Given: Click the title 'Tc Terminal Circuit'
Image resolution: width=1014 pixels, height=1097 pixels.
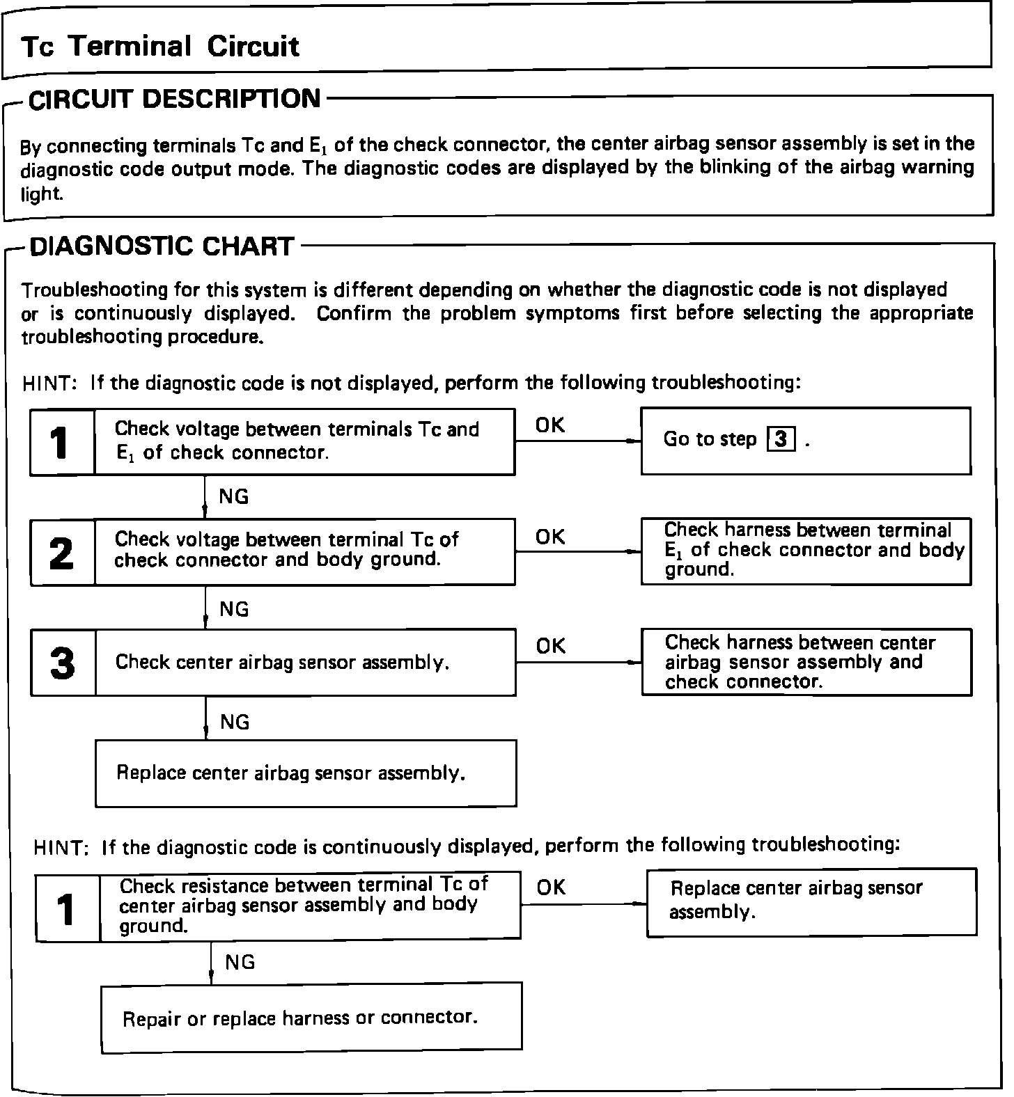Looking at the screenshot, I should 160,47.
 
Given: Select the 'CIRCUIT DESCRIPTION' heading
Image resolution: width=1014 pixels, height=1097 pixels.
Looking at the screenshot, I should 174,99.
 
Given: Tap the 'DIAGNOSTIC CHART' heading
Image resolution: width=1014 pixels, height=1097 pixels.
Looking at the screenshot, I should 162,246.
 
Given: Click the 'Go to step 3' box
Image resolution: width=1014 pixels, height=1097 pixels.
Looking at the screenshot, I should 805,441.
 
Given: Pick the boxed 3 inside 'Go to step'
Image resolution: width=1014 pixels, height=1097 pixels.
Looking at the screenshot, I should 781,439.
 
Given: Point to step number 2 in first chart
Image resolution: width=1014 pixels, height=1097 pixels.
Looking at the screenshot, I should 62,554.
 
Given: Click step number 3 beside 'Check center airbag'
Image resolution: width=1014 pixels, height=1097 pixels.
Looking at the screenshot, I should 63,663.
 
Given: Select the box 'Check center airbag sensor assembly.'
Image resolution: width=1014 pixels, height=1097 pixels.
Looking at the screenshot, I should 305,662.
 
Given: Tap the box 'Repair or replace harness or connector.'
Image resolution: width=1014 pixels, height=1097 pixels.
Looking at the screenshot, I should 311,1018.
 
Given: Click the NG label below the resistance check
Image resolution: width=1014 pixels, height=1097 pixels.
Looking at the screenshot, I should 240,963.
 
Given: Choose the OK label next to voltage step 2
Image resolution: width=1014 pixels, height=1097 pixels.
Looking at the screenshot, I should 550,537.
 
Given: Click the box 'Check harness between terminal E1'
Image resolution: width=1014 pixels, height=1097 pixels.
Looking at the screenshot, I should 806,551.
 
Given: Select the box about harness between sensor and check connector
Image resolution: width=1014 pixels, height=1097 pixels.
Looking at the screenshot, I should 806,662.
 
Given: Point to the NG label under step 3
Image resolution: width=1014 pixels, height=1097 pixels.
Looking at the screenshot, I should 235,723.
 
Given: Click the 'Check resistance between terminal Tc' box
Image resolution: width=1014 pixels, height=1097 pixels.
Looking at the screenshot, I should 310,905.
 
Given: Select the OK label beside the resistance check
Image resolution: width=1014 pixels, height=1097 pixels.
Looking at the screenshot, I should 552,887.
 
